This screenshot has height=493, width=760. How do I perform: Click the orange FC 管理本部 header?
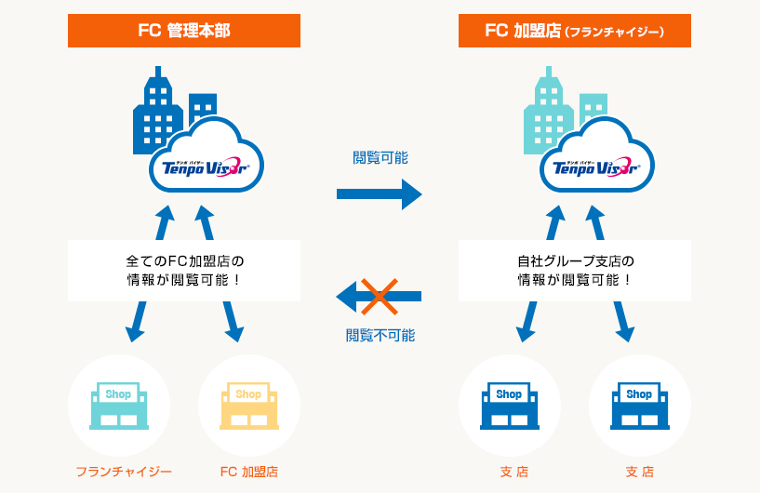[184, 31]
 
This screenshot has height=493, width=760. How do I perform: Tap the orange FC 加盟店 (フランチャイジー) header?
[575, 31]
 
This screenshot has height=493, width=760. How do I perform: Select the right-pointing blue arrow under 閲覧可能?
[379, 193]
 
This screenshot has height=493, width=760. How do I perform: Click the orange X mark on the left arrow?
[380, 296]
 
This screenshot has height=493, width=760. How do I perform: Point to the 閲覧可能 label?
[380, 157]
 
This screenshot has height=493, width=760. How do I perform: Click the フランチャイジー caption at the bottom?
[124, 472]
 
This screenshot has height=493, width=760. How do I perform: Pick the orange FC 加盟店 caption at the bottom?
[248, 472]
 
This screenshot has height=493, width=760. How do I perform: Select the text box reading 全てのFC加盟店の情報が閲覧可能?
[184, 270]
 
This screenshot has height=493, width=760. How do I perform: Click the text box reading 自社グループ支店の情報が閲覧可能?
[575, 270]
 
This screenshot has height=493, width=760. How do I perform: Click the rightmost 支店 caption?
[639, 472]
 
